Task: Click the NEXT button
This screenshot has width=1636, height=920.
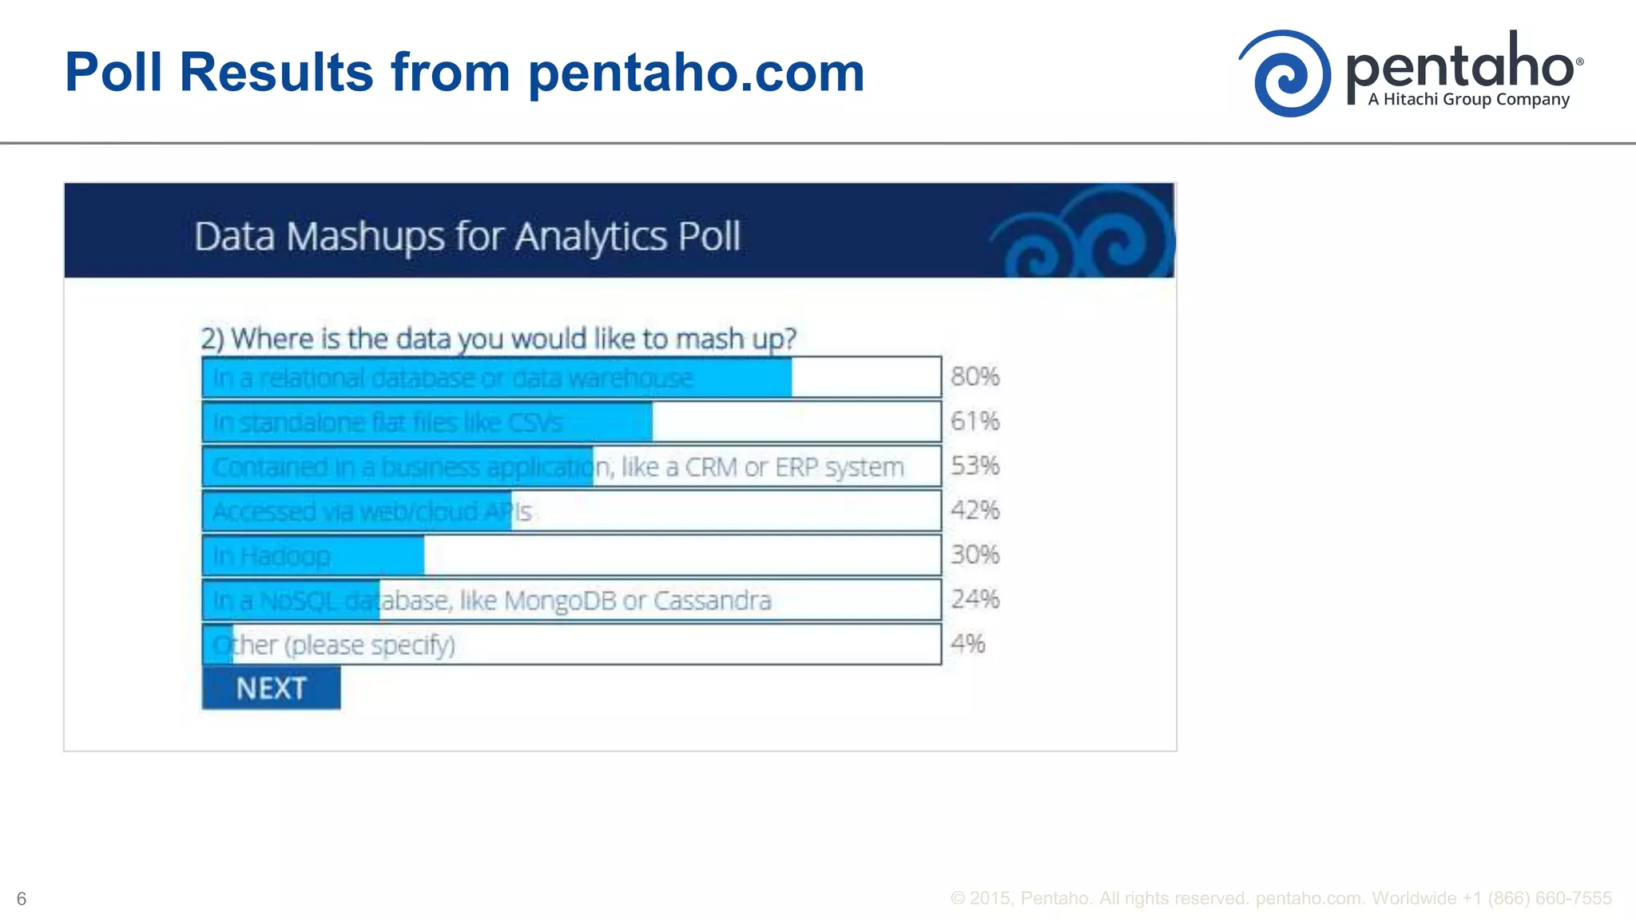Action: (271, 688)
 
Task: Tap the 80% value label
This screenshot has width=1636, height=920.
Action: (975, 376)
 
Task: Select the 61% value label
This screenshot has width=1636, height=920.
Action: (975, 421)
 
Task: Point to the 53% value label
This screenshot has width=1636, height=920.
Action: (975, 466)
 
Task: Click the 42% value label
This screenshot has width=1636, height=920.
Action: (975, 510)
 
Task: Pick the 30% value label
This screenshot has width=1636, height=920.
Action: (975, 555)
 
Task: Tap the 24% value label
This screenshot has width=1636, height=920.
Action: (975, 599)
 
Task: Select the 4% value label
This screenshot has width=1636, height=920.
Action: (967, 644)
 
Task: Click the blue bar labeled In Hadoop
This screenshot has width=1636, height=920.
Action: (313, 556)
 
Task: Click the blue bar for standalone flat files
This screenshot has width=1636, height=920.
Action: (427, 422)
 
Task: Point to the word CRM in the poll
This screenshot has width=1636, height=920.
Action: (711, 467)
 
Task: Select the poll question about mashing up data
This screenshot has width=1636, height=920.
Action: (498, 339)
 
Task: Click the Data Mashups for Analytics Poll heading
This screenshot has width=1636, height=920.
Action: (467, 236)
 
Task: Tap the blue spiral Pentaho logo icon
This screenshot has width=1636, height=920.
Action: (1285, 73)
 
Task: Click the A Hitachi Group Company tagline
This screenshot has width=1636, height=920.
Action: (1468, 100)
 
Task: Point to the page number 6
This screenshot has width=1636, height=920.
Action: (22, 899)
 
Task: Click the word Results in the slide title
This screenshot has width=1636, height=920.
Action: (276, 72)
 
